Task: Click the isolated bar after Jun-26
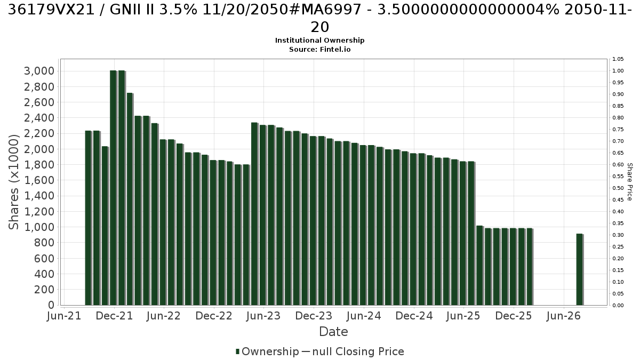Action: coord(580,269)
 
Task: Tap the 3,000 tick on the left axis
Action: coord(39,71)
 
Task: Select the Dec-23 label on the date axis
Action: coord(314,316)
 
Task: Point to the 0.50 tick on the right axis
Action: coord(618,188)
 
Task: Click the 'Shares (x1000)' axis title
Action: coord(14,182)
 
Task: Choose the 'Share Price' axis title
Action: coord(630,182)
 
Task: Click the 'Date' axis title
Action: coord(333,332)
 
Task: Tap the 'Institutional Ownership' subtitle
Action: coord(319,41)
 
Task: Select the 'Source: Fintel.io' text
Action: coord(319,50)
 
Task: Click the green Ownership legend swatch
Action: coord(237,351)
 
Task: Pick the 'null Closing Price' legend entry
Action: coord(358,351)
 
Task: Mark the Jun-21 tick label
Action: coord(64,316)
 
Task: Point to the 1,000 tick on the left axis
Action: coord(39,227)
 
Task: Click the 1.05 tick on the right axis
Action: coord(618,59)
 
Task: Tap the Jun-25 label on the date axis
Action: coord(463,316)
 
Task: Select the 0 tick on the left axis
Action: coord(51,305)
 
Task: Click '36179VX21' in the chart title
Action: coord(51,10)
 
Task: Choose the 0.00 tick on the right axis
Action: coord(618,306)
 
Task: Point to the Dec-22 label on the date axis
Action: coord(214,316)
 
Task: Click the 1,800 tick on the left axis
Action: coord(39,165)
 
